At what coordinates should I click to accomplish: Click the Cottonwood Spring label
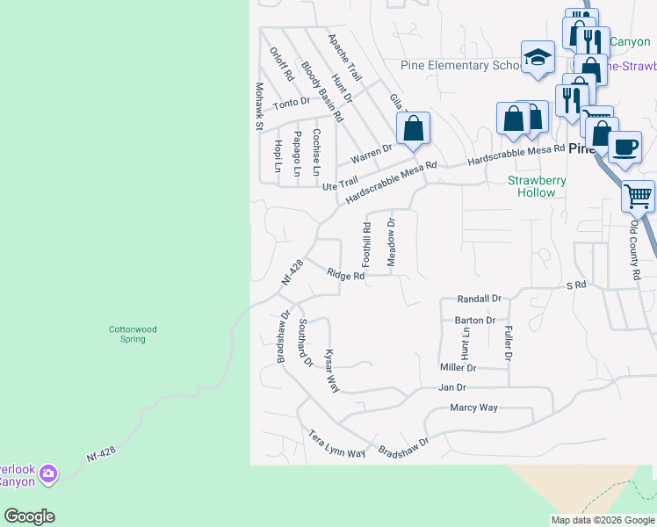133,334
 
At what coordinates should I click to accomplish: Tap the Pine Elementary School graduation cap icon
538,59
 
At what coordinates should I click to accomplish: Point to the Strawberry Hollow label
537,186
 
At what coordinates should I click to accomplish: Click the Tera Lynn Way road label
336,444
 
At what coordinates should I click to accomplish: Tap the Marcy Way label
473,408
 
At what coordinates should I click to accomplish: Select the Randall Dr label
479,299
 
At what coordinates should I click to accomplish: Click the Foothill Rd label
367,244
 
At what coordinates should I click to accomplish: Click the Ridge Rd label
345,275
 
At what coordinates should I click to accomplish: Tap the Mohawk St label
259,106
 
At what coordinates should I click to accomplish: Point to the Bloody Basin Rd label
321,91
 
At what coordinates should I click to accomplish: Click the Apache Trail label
344,58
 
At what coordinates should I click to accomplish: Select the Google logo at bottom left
29,516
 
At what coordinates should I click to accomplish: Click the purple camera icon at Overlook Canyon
48,474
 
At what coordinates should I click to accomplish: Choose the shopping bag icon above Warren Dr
413,129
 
